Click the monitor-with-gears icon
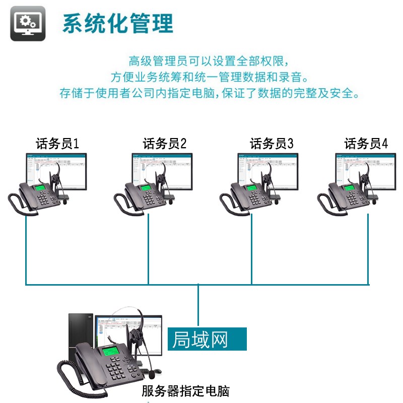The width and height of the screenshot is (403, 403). pos(28,24)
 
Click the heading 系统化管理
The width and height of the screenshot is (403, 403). pos(118,23)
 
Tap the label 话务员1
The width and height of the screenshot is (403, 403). pos(57,144)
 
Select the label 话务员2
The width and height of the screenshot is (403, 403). pos(165,144)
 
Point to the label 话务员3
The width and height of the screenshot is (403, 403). pos(272,144)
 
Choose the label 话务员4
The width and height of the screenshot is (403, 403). pos(366,144)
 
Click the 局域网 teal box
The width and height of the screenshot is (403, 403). pos(207,339)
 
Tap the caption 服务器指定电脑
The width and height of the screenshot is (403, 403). pos(185,390)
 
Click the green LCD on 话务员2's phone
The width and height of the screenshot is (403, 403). pos(147,188)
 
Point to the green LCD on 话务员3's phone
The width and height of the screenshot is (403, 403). pos(252,188)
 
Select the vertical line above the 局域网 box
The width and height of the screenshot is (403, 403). pos(199,305)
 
